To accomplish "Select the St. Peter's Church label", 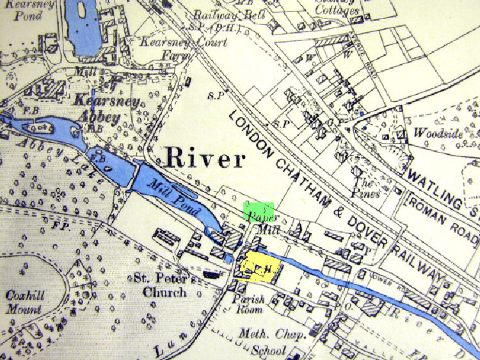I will pos(160,286).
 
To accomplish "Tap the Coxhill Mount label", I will pos(24,302).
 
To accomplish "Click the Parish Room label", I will pos(248,305).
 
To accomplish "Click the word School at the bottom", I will pos(268,350).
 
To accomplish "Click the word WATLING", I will pos(442,186).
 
